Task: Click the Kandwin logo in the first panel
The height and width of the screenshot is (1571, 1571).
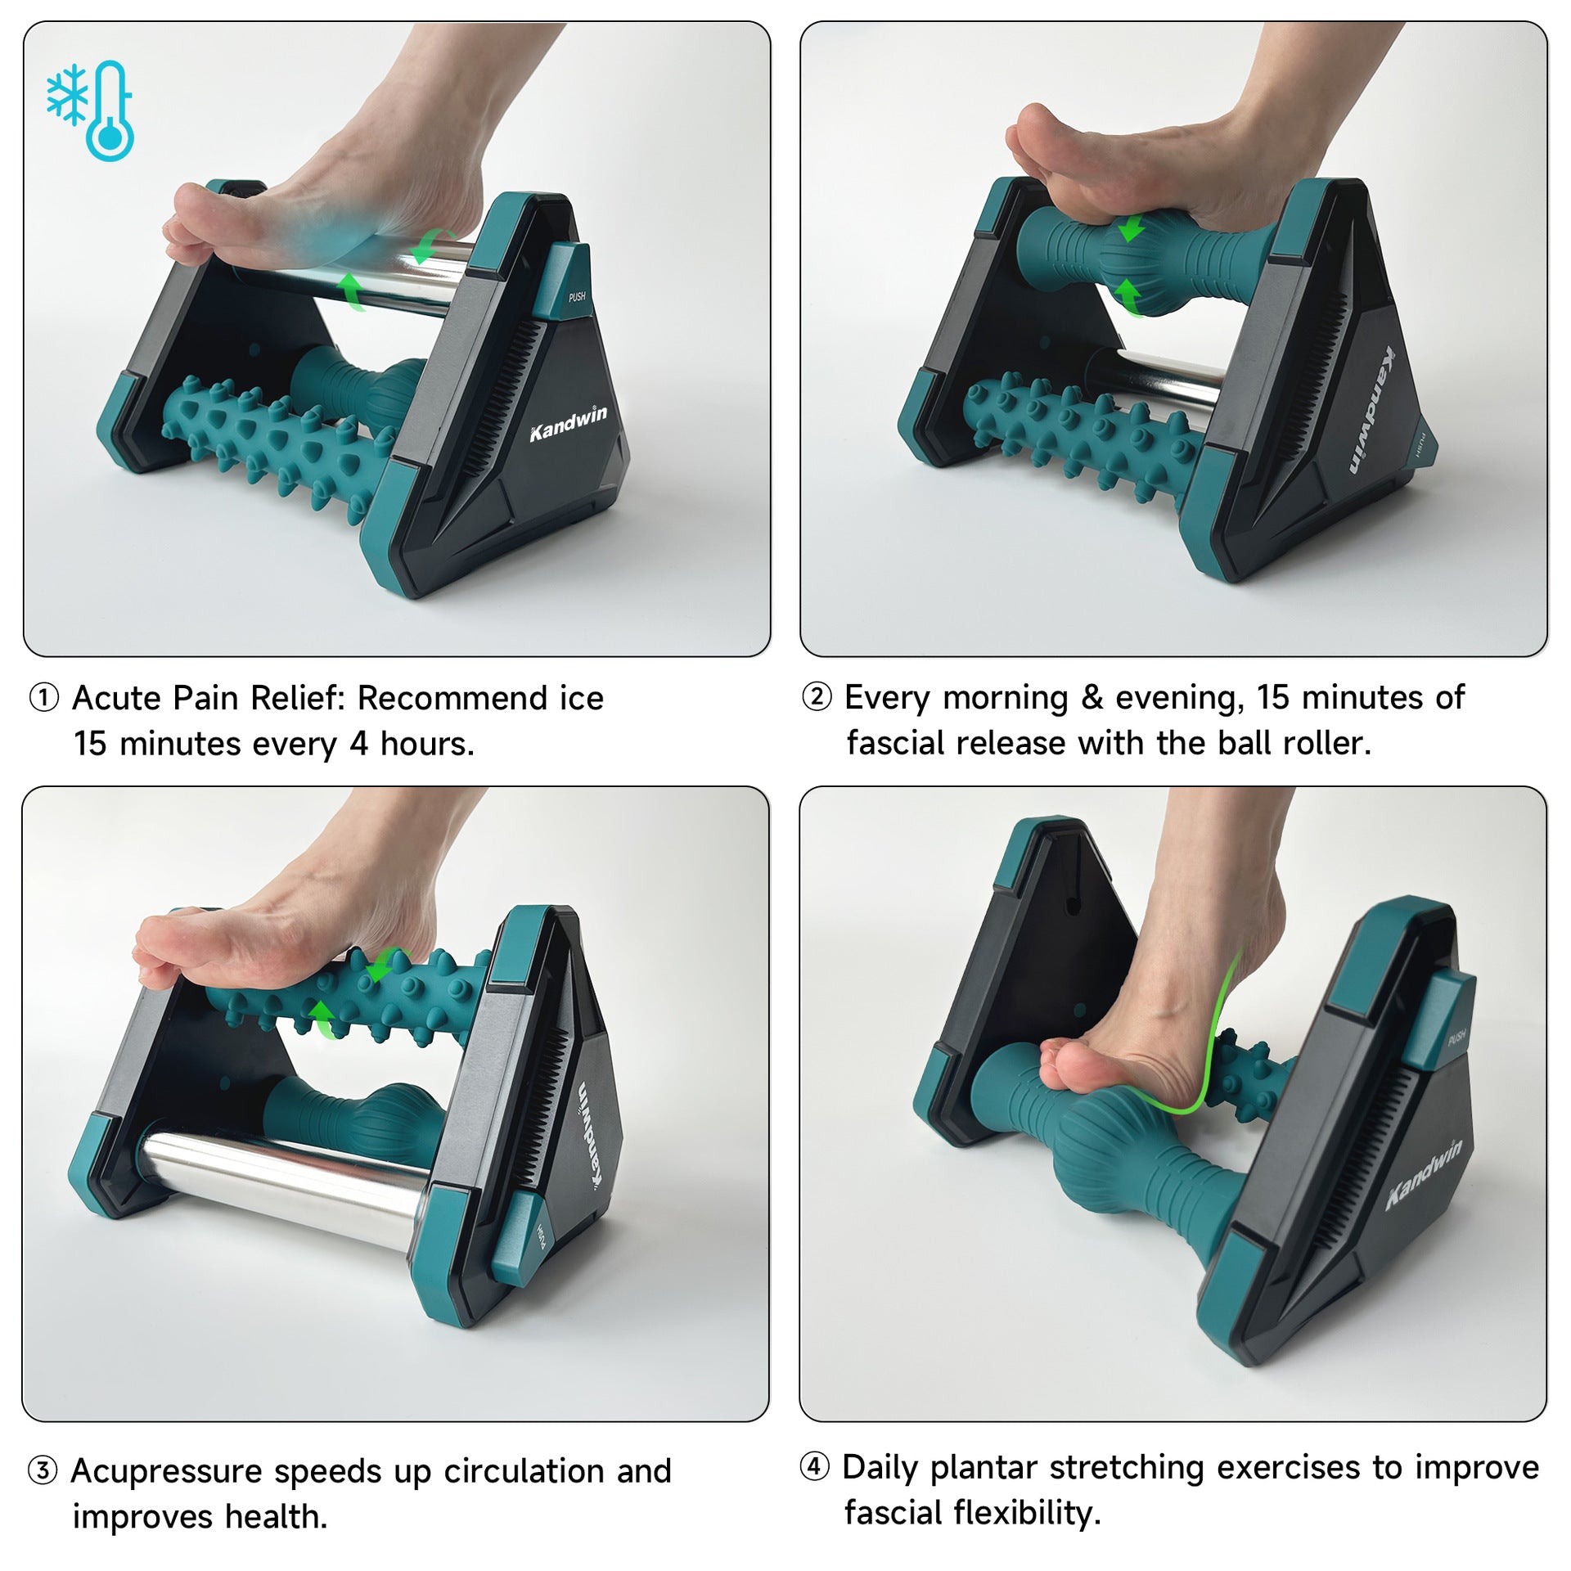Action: (568, 422)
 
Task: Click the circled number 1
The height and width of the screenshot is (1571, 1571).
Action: (44, 699)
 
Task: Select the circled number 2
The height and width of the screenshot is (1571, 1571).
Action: (816, 697)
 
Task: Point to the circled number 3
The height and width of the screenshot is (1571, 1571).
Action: (43, 1471)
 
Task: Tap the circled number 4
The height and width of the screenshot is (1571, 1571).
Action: (814, 1466)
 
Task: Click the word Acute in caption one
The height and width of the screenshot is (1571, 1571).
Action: (117, 699)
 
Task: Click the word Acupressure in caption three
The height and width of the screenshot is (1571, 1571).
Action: (166, 1471)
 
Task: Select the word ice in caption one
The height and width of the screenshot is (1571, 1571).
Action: (581, 699)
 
